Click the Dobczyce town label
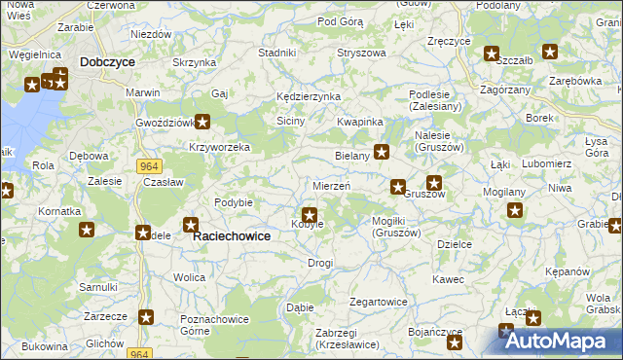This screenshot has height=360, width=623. pos(108,60)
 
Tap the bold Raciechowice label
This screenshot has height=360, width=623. pos(231,235)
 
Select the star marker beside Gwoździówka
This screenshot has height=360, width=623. pos(202,122)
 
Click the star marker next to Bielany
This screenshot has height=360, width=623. pos(382,151)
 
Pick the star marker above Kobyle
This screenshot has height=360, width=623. pos(310,214)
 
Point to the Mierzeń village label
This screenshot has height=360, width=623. pos(331,185)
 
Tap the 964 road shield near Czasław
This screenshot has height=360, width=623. pos(148,166)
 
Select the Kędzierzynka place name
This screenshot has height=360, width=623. pos(308,97)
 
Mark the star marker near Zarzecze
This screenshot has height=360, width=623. pos(146,316)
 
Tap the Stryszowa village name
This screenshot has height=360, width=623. pos(361,53)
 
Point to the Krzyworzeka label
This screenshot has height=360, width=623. pos(220,147)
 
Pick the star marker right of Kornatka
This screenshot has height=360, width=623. pos(87,230)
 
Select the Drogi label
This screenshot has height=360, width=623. pos(320,263)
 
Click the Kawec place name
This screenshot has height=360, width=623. pos(449,279)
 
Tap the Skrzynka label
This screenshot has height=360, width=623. pos(194,62)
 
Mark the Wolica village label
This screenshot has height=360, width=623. pos(189,277)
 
